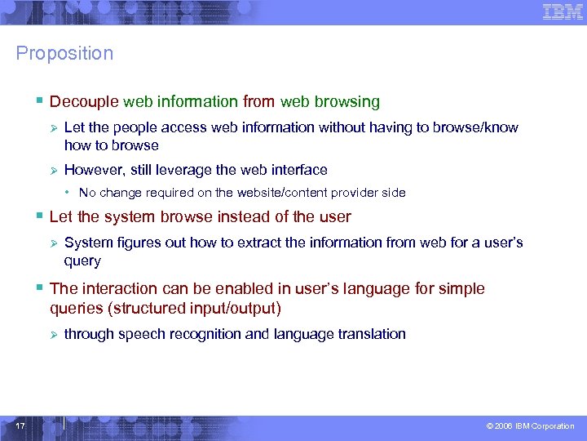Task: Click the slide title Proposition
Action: point(64,54)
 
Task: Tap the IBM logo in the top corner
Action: point(563,12)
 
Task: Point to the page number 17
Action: point(20,425)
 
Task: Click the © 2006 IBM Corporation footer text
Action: point(530,426)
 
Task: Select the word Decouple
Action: point(84,102)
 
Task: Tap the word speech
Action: point(141,334)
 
